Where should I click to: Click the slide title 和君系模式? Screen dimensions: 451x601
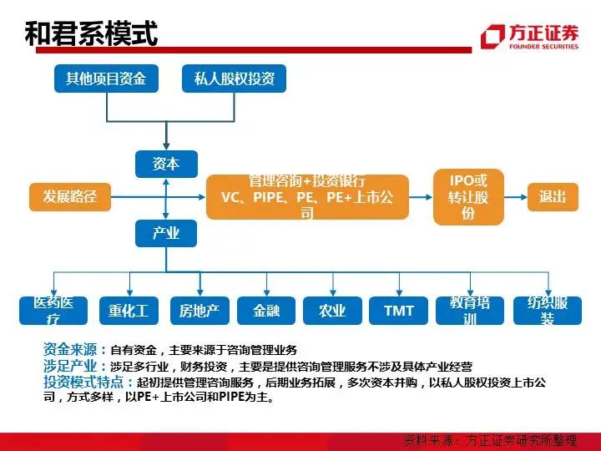click(x=91, y=34)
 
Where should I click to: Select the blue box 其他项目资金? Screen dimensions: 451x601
click(x=106, y=79)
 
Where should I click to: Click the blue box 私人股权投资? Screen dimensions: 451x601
click(x=234, y=79)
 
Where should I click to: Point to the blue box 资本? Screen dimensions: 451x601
click(x=166, y=165)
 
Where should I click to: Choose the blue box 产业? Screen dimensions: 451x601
click(x=166, y=233)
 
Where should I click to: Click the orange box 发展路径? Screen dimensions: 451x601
click(x=70, y=197)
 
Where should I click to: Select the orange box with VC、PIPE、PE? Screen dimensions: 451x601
click(x=307, y=197)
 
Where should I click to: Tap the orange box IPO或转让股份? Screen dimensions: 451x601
click(x=468, y=197)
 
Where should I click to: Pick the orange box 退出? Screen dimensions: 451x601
click(x=553, y=197)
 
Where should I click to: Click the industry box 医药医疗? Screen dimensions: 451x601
click(x=53, y=311)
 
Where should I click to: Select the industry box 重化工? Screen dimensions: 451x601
click(x=128, y=311)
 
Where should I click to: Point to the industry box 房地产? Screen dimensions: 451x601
click(x=199, y=311)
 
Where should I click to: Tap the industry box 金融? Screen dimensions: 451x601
click(x=266, y=311)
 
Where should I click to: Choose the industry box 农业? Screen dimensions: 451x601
click(x=332, y=311)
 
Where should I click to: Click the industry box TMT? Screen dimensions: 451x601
click(x=399, y=311)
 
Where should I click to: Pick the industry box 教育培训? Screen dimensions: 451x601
click(x=469, y=311)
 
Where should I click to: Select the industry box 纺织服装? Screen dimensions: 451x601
click(x=547, y=311)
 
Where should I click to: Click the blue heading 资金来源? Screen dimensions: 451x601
click(x=70, y=349)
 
